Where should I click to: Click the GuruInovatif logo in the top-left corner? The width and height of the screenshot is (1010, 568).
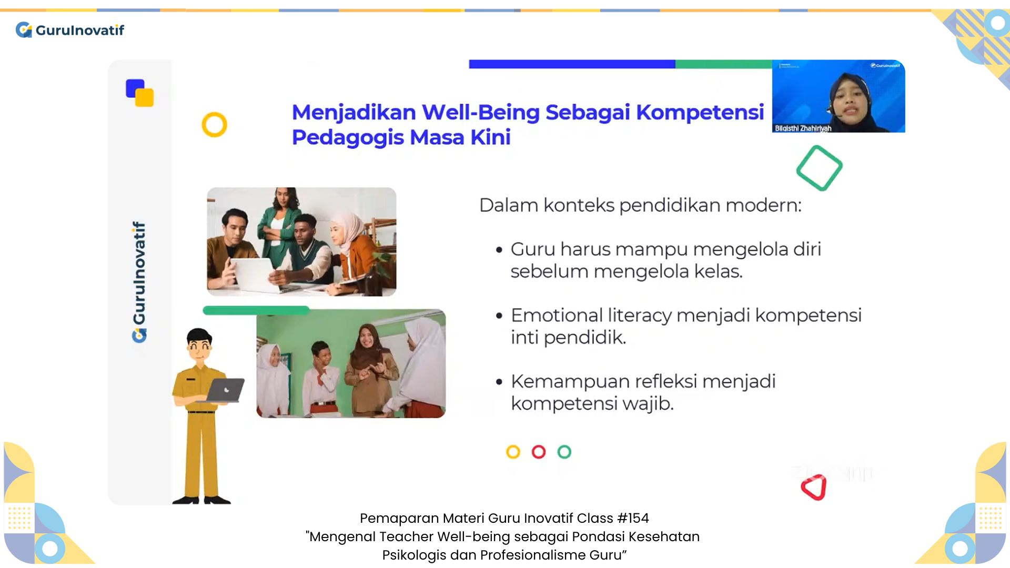tap(70, 30)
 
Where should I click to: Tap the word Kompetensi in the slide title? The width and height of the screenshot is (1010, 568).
tap(700, 113)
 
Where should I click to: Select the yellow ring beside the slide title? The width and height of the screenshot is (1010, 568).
tap(214, 125)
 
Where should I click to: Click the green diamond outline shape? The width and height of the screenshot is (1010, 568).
tap(819, 168)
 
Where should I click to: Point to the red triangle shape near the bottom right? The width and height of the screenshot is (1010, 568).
tap(814, 488)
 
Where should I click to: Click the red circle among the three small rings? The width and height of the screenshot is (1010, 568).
tap(539, 452)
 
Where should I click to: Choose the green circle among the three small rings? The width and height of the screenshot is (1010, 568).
tap(564, 452)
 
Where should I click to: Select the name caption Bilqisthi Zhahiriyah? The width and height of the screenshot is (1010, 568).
tap(803, 128)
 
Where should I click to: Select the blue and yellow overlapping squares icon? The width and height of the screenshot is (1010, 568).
tap(140, 93)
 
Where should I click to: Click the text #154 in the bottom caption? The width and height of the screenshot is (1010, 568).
tap(633, 519)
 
